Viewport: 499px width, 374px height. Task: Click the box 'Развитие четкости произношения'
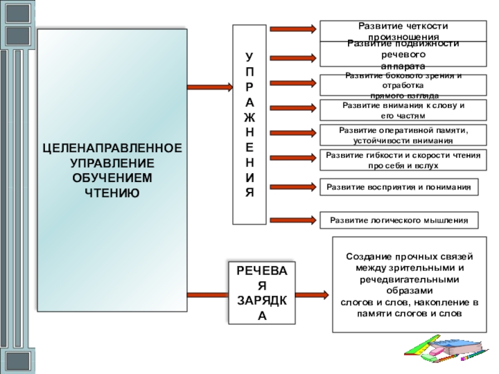[x=403, y=31]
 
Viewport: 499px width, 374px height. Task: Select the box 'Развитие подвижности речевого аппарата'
[x=403, y=54]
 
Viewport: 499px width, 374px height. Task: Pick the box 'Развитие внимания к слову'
[x=403, y=110]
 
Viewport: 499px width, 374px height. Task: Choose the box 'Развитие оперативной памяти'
[x=403, y=135]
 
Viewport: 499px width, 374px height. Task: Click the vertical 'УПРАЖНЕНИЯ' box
[x=249, y=125]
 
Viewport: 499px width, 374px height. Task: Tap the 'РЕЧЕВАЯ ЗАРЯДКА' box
[x=262, y=292]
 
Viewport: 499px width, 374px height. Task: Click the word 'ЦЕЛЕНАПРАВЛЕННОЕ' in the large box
[x=112, y=150]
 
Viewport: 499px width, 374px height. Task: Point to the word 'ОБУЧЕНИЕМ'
[x=112, y=178]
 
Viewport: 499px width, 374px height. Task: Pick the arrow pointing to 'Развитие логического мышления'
[x=293, y=219]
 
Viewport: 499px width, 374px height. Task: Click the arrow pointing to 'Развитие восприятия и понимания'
[x=293, y=185]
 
